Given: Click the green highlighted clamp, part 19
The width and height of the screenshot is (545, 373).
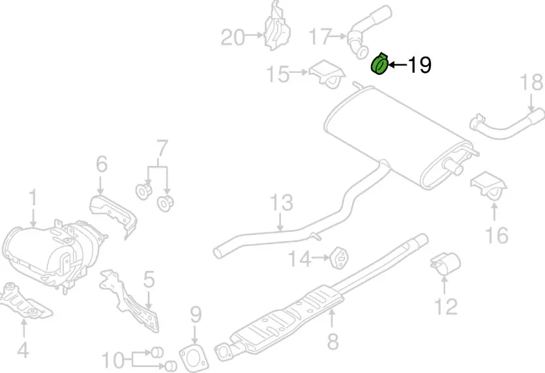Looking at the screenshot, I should [380, 65].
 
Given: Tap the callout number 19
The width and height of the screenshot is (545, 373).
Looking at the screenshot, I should [419, 65].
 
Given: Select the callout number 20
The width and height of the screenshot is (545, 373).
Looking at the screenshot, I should [233, 38].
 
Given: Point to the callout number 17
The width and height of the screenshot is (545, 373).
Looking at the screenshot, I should [321, 36].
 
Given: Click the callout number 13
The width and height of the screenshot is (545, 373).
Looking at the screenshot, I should [282, 203].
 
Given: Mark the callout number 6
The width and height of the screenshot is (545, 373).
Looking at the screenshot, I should [101, 164].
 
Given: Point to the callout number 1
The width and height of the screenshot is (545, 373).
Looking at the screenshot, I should [33, 197].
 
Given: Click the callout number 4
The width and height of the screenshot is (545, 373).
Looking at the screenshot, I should [23, 351].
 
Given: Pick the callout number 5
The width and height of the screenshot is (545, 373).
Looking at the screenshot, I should [149, 281].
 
